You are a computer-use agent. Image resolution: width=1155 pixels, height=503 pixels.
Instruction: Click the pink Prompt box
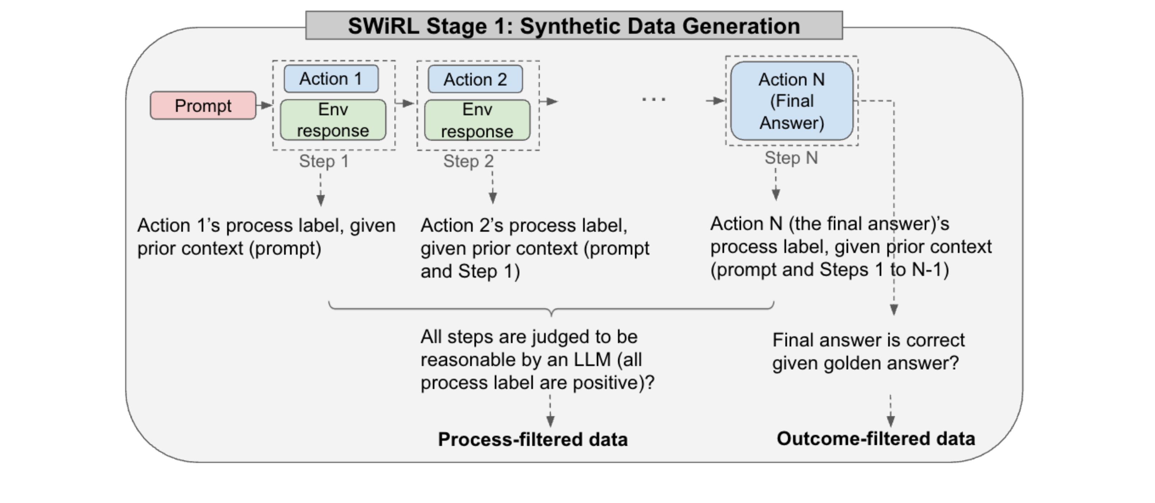coord(203,105)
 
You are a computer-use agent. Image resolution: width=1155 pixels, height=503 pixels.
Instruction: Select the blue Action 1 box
coord(331,79)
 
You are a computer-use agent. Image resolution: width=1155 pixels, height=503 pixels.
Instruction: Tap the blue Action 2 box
coord(475,79)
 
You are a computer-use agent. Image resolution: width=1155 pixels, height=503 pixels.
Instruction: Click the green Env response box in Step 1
coord(333,120)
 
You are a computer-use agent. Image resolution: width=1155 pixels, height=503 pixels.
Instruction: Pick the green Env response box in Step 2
coord(477,120)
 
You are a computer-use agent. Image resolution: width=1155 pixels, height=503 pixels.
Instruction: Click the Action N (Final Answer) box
coord(792,101)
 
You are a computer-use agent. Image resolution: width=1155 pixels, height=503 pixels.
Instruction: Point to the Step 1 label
coord(324,161)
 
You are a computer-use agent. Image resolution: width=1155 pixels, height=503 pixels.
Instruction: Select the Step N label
coord(792,158)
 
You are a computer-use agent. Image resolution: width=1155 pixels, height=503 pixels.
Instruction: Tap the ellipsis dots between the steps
coord(654,100)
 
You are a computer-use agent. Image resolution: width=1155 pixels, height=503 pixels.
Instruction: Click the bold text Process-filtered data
coord(533,439)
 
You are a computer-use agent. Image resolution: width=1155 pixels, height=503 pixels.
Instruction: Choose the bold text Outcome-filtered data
coord(876,438)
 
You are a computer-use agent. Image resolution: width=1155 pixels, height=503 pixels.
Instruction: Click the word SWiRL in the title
coord(383,26)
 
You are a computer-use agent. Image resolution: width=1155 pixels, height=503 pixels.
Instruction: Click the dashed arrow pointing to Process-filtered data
coord(550,411)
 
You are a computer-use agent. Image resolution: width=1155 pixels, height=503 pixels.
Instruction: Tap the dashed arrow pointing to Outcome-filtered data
coord(890,411)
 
